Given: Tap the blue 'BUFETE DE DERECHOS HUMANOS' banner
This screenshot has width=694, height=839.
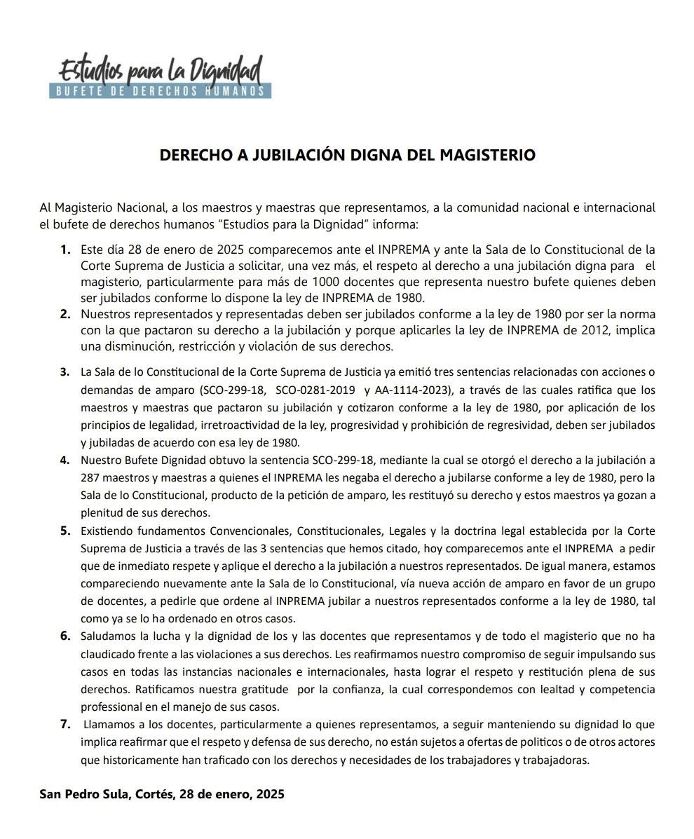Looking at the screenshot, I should point(160,91).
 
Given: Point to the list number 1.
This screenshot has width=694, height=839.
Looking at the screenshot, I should point(65,250).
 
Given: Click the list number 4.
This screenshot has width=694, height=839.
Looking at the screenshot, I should point(65,461).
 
